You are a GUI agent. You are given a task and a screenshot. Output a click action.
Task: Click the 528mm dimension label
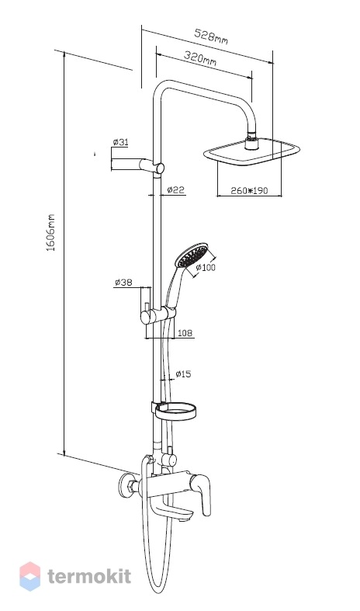click(x=211, y=36)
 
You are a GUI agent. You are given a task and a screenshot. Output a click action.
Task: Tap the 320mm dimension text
click(x=200, y=58)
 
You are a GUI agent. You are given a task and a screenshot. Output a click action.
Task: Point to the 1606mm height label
click(x=51, y=232)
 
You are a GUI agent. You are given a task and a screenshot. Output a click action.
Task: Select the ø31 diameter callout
click(x=120, y=142)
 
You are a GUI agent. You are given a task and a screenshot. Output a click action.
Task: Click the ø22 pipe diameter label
click(x=175, y=189)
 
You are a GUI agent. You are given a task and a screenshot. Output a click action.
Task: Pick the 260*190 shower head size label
click(x=249, y=190)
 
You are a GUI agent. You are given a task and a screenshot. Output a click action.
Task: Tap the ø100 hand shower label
click(x=206, y=267)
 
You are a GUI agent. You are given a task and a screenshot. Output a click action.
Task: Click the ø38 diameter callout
click(x=123, y=282)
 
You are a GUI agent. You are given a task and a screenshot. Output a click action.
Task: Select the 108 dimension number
click(x=185, y=333)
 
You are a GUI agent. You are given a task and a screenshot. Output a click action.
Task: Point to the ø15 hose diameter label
click(x=183, y=374)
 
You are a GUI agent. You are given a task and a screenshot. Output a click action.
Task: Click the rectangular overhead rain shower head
click(x=252, y=151)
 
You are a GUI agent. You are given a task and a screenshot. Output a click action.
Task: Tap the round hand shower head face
click(x=192, y=255)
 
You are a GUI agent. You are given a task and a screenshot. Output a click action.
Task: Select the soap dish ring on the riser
click(x=175, y=411)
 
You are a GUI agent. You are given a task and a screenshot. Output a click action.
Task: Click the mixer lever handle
click(x=203, y=495)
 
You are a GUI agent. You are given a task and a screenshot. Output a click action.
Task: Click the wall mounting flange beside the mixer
click(x=126, y=487)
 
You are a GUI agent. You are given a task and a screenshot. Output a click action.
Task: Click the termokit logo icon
click(x=30, y=576)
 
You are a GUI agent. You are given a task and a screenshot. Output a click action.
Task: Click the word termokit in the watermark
click(x=89, y=577)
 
